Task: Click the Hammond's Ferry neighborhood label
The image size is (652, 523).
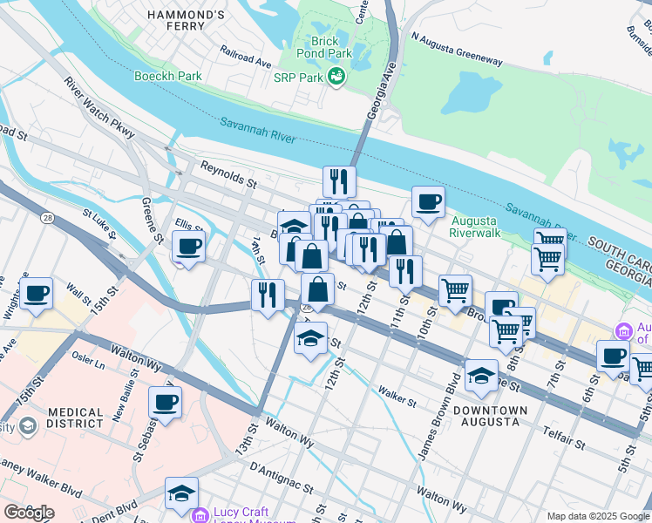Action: tap(198, 21)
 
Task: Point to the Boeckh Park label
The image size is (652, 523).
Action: tap(167, 76)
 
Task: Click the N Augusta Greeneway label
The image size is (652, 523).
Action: tap(457, 50)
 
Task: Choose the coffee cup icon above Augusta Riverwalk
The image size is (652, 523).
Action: tap(428, 202)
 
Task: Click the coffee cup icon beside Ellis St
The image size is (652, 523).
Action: tap(189, 247)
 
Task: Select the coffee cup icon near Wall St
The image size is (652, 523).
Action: tap(37, 294)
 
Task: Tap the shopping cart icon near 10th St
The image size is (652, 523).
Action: tap(455, 291)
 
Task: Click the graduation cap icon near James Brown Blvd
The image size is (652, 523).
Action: tap(481, 375)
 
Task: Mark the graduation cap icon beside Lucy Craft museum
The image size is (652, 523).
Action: tap(181, 493)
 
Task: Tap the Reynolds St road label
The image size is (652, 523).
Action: tap(228, 173)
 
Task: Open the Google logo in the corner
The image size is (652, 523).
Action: tap(29, 513)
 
